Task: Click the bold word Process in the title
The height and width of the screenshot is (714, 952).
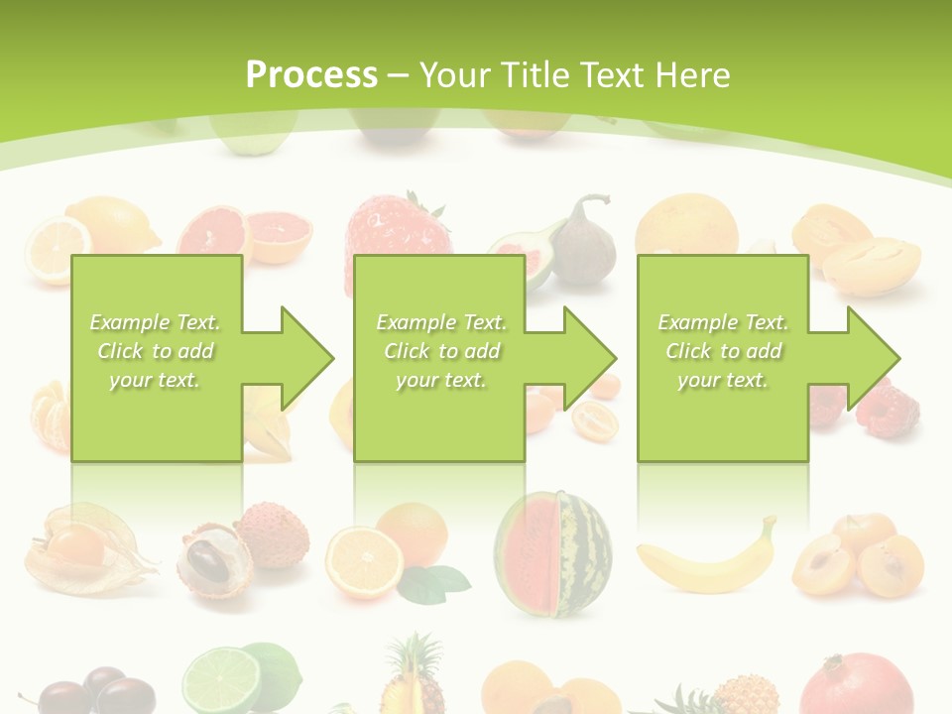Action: point(311,75)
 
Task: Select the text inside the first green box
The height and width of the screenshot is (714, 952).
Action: point(155,351)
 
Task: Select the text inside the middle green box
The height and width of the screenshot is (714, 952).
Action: point(440,351)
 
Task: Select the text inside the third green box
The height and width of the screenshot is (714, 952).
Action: point(723,351)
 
